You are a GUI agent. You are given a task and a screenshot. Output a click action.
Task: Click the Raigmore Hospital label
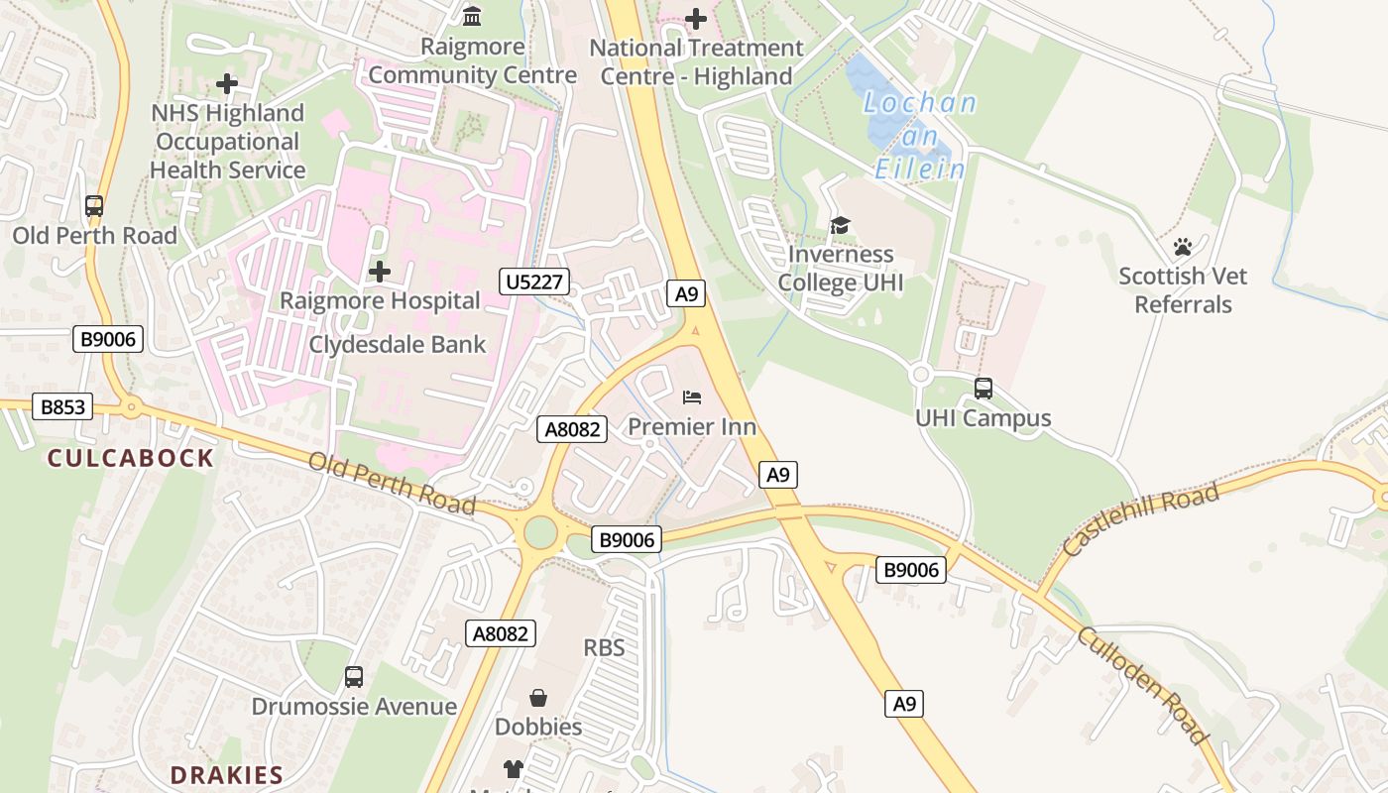coord(380,300)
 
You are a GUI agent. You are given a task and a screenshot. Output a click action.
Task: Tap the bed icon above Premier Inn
coord(692,397)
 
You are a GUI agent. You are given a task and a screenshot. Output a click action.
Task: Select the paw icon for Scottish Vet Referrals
coord(1182,246)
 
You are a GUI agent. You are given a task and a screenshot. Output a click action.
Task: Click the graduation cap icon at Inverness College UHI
coord(840,226)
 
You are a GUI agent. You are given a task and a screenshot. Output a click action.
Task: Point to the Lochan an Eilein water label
coord(919,136)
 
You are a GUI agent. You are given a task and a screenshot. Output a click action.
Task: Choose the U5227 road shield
coord(533,282)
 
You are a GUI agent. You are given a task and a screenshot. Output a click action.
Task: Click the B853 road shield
coord(62,406)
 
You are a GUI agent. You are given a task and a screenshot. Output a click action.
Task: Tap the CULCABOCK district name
coord(131,458)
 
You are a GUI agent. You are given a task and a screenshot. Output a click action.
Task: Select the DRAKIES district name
coord(226,775)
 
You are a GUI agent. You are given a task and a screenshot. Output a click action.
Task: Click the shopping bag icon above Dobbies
coord(538,698)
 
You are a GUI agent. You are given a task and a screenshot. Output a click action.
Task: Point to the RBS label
coord(604,648)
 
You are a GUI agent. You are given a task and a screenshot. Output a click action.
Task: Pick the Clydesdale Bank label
coord(398,344)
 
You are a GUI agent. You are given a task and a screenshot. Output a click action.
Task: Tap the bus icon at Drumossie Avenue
coord(354,677)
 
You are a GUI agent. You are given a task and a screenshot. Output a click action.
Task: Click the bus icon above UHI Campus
coord(983,388)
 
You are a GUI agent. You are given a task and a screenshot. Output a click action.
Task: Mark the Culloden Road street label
coord(1142,684)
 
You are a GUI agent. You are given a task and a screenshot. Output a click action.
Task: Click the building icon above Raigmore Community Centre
coord(472,17)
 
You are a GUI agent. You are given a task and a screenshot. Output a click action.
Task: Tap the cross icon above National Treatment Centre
coord(696,18)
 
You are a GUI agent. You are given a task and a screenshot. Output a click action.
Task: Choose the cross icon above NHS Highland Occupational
coord(227,84)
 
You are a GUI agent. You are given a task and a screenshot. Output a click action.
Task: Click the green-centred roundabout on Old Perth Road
coord(539,532)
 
